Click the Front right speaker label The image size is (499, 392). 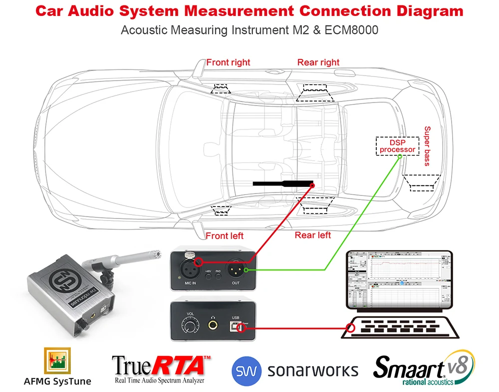coord(229,62)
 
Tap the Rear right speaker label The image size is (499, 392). coord(318,62)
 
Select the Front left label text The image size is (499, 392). coord(225,235)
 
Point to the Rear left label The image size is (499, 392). coord(313,235)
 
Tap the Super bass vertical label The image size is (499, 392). coord(427,146)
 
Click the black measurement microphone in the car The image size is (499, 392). coord(282,183)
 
